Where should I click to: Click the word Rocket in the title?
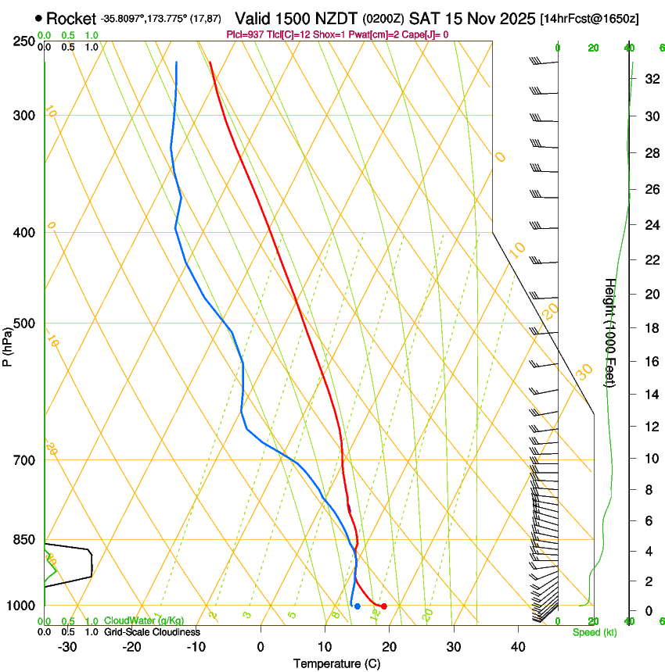tap(71, 18)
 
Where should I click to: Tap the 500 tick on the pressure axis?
tap(26, 323)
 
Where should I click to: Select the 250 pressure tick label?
tap(26, 41)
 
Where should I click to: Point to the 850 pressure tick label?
tap(26, 539)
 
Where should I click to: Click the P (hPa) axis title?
tap(8, 345)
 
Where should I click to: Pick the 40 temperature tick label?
tap(517, 646)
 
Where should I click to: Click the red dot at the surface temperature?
tap(384, 606)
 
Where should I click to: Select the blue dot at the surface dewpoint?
tap(358, 606)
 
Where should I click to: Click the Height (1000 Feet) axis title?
tap(610, 332)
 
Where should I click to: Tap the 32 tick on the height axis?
tap(651, 78)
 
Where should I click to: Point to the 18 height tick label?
tap(651, 328)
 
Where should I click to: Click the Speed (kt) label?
tap(594, 632)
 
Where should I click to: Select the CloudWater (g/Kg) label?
tap(143, 621)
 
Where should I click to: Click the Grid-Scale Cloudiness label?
tap(152, 632)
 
